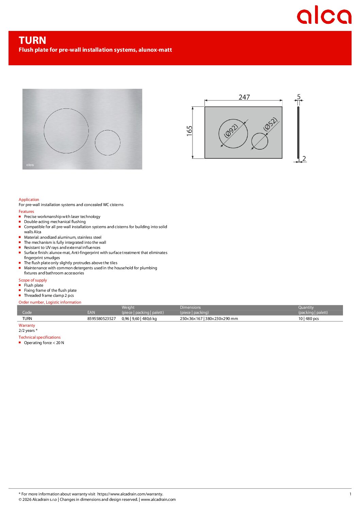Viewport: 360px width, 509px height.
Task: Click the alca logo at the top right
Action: [324, 15]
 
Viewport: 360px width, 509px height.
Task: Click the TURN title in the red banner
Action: [32, 40]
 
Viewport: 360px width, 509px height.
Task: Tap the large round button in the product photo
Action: [66, 131]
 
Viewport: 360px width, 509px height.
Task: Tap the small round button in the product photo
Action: [108, 143]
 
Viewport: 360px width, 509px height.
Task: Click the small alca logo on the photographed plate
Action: [30, 165]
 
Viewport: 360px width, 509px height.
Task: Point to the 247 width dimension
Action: [244, 97]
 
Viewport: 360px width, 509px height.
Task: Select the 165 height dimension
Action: [190, 131]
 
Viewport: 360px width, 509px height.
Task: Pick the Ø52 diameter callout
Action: [271, 124]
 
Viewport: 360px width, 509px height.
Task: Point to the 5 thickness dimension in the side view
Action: [299, 97]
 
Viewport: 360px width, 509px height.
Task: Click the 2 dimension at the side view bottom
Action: [304, 158]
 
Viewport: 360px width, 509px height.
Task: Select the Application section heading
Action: [29, 200]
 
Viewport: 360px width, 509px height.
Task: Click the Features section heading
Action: [26, 211]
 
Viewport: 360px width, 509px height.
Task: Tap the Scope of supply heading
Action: [33, 280]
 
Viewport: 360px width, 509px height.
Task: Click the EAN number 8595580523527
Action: [101, 319]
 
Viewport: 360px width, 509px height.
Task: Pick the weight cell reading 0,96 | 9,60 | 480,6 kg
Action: [139, 319]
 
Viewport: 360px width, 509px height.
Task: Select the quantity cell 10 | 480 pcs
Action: [308, 319]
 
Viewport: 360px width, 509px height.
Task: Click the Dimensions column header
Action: [190, 307]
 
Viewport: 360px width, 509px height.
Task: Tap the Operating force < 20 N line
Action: [44, 343]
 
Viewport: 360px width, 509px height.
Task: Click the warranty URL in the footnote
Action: [130, 494]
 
